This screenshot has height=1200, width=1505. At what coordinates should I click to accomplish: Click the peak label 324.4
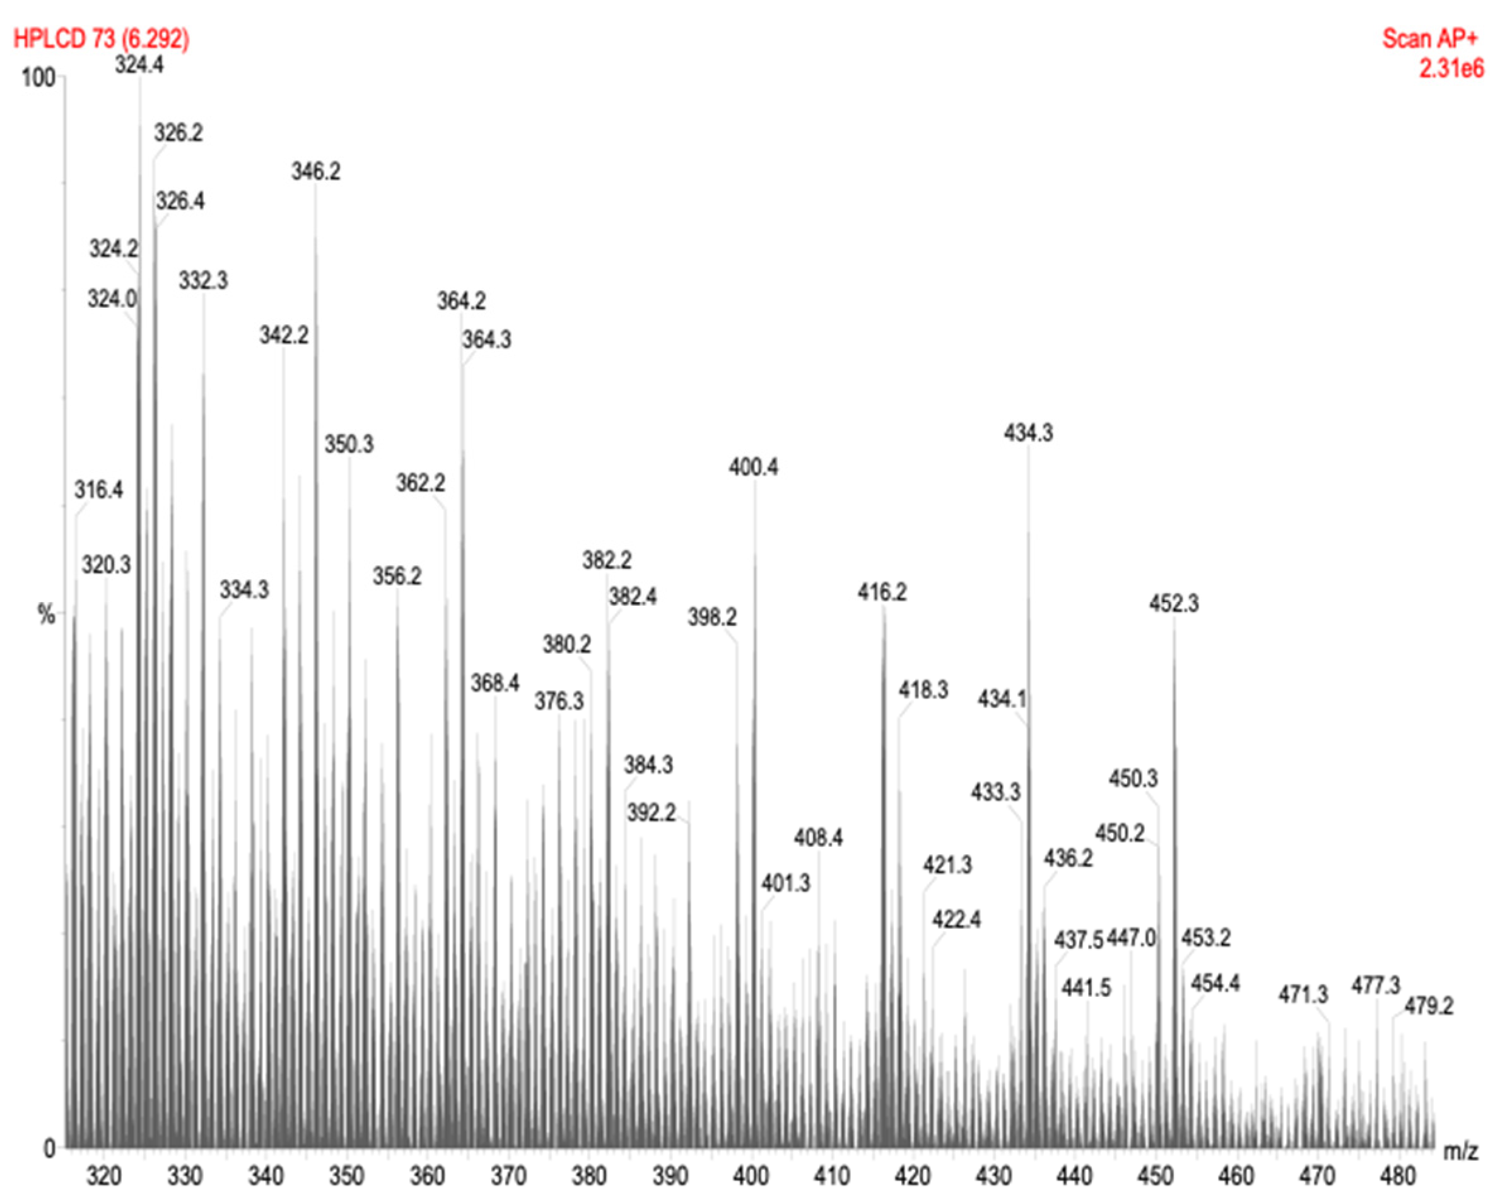pyautogui.click(x=139, y=65)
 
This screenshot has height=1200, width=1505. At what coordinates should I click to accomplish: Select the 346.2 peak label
pyautogui.click(x=315, y=171)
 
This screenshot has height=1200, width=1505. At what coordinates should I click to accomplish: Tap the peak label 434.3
pyautogui.click(x=1028, y=433)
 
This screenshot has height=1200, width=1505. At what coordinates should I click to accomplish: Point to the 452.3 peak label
pyautogui.click(x=1173, y=603)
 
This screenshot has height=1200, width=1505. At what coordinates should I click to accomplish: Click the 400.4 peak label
pyautogui.click(x=753, y=466)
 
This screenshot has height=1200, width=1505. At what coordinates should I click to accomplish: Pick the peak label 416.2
pyautogui.click(x=882, y=592)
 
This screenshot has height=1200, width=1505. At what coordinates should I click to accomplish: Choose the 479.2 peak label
pyautogui.click(x=1428, y=1006)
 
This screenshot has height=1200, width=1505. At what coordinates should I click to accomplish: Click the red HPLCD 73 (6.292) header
pyautogui.click(x=101, y=38)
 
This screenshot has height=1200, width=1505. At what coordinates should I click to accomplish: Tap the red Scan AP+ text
pyautogui.click(x=1429, y=38)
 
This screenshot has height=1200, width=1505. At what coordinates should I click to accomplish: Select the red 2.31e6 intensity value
pyautogui.click(x=1451, y=68)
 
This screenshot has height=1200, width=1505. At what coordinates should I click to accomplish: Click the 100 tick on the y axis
pyautogui.click(x=38, y=78)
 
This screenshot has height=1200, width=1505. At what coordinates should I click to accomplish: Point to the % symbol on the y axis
pyautogui.click(x=46, y=615)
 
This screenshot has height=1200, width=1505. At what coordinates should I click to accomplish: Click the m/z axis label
pyautogui.click(x=1460, y=1150)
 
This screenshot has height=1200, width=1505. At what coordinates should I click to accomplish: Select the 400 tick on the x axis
pyautogui.click(x=751, y=1176)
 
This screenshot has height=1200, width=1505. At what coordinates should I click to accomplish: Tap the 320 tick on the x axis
pyautogui.click(x=104, y=1176)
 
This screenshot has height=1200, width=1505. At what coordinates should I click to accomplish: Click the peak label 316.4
pyautogui.click(x=98, y=490)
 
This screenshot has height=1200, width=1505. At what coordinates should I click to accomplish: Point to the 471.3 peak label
pyautogui.click(x=1303, y=994)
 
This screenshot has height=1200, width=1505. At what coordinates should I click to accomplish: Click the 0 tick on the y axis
pyautogui.click(x=49, y=1148)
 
